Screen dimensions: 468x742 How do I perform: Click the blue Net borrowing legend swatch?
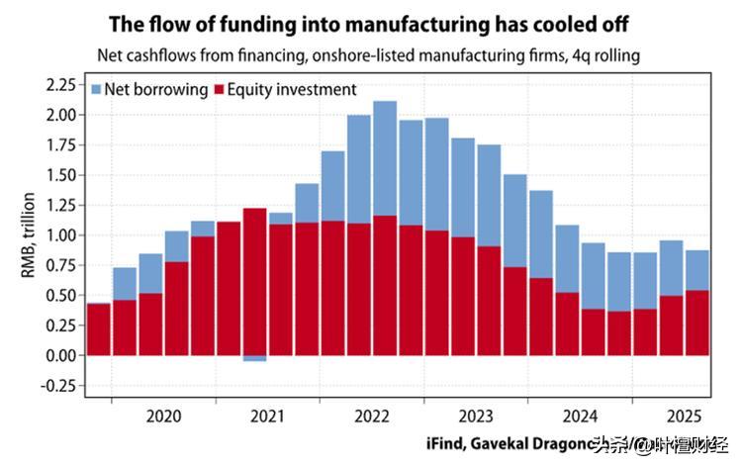tap(96, 90)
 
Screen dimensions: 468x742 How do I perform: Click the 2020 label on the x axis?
tap(163, 417)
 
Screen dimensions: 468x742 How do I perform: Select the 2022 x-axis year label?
tap(371, 417)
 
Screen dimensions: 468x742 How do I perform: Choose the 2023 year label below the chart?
tap(475, 417)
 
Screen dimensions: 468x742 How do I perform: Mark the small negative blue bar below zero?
tap(254, 358)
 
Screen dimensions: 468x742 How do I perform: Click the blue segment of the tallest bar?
tap(385, 158)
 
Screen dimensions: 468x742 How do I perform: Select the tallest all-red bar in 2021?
tap(254, 281)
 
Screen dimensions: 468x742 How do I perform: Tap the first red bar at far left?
tap(98, 328)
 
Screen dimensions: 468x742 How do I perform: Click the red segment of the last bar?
tap(696, 322)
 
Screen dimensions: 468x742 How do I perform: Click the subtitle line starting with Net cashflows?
tap(368, 55)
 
